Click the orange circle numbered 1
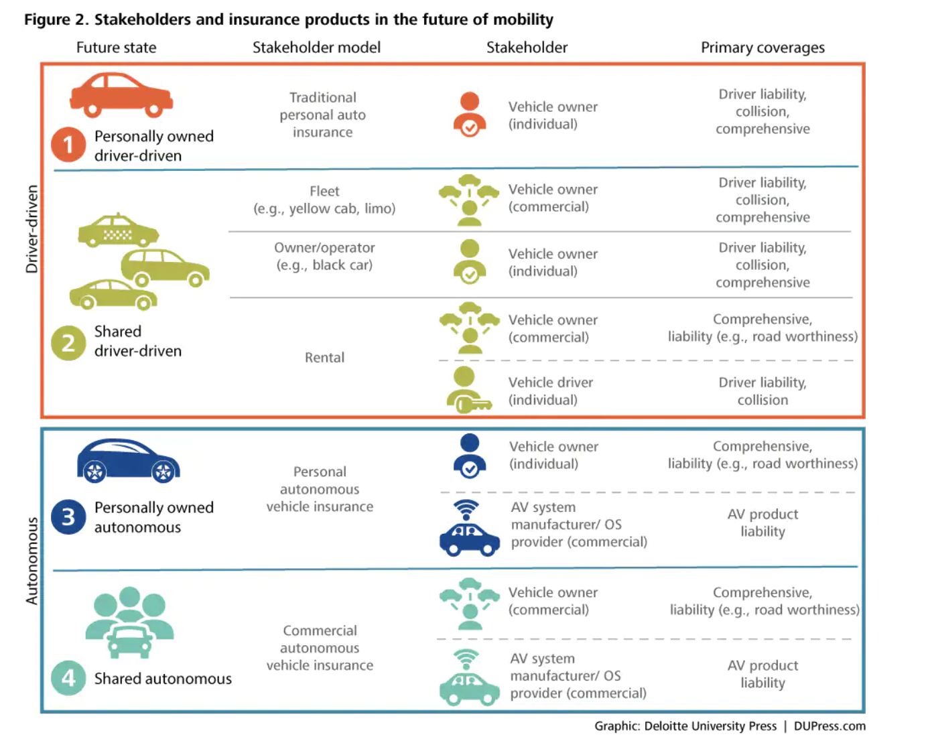(68, 145)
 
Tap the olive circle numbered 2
(68, 342)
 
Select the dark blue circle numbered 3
(68, 517)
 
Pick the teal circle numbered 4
(68, 678)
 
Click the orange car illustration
(121, 94)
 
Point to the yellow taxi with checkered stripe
(118, 232)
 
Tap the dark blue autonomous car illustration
(128, 461)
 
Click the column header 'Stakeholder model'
(316, 48)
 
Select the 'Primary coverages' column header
(763, 48)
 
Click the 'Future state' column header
(116, 48)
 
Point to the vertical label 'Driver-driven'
(31, 229)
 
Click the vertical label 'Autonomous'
(31, 561)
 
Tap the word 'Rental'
(324, 358)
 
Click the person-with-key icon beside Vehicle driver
(468, 390)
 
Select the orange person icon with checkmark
(470, 115)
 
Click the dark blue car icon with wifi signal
(469, 529)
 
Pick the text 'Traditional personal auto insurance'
(322, 115)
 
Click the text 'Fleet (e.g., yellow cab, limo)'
(324, 200)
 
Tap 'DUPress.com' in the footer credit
(830, 726)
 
